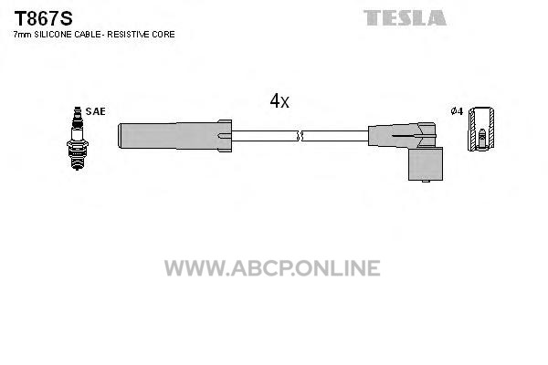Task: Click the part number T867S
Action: [43, 18]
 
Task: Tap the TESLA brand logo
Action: [405, 18]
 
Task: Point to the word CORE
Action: [163, 35]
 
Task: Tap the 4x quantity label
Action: [279, 100]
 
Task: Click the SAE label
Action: [95, 111]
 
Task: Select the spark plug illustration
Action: [78, 139]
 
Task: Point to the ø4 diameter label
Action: [457, 111]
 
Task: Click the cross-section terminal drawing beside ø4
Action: [481, 129]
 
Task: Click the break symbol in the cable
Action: [300, 136]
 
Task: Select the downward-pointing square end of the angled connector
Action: [426, 164]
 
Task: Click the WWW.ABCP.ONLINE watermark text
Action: [272, 268]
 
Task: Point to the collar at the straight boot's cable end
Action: [225, 136]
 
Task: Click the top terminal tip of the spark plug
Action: [77, 109]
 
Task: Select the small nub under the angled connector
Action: [426, 182]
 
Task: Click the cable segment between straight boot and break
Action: [265, 136]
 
